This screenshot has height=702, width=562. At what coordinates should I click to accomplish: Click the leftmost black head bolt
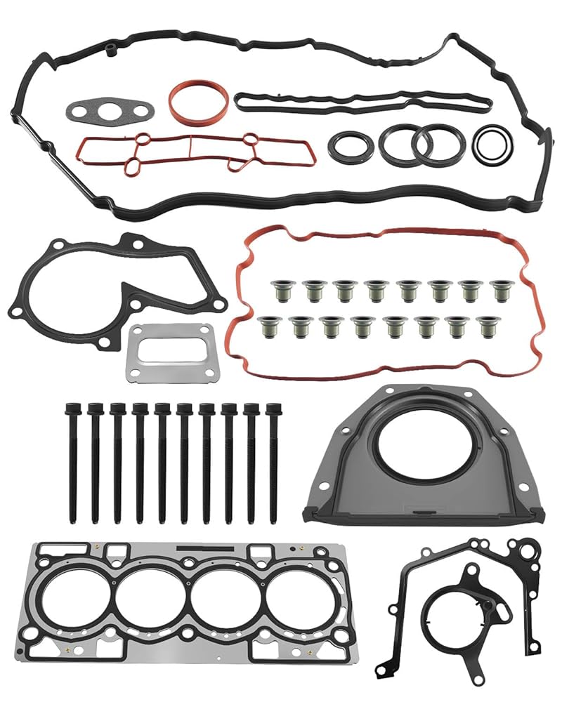point(72,463)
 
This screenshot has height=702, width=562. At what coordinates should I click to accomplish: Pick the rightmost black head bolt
point(273,463)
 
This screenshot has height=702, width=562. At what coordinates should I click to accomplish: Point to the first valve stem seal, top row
point(280,290)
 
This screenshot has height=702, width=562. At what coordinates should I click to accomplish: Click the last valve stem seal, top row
point(502,290)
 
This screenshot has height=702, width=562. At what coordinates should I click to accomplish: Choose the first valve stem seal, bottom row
point(268,326)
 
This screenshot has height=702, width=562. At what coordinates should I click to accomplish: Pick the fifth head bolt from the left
point(162,463)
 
